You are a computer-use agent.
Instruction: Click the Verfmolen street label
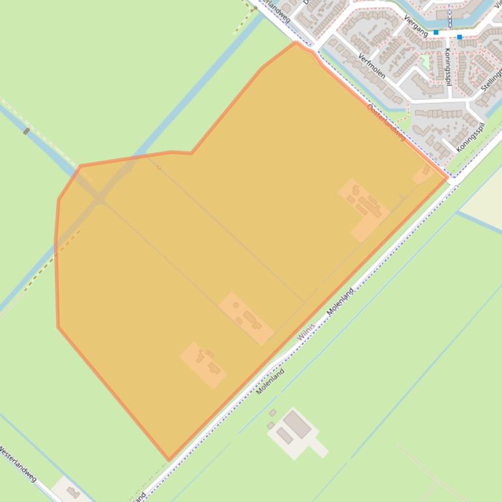point(371,65)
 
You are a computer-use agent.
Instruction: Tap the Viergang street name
point(416,25)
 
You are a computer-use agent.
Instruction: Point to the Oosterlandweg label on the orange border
point(386,122)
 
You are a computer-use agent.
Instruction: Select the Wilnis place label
point(306,331)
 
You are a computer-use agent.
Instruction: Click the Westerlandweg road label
point(18,464)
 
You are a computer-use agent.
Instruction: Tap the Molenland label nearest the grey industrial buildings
point(271,381)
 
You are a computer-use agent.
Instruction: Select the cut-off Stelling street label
point(491,78)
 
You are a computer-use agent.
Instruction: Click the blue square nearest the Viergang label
point(436,32)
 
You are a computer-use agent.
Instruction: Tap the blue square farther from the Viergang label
point(460,37)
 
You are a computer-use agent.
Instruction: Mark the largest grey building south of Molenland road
point(297,424)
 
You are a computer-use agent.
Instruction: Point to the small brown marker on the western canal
point(26,131)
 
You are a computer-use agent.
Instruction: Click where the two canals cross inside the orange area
point(99,198)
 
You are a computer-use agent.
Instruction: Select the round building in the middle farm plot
point(236,305)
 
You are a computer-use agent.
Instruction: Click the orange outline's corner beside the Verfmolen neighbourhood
point(296,44)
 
